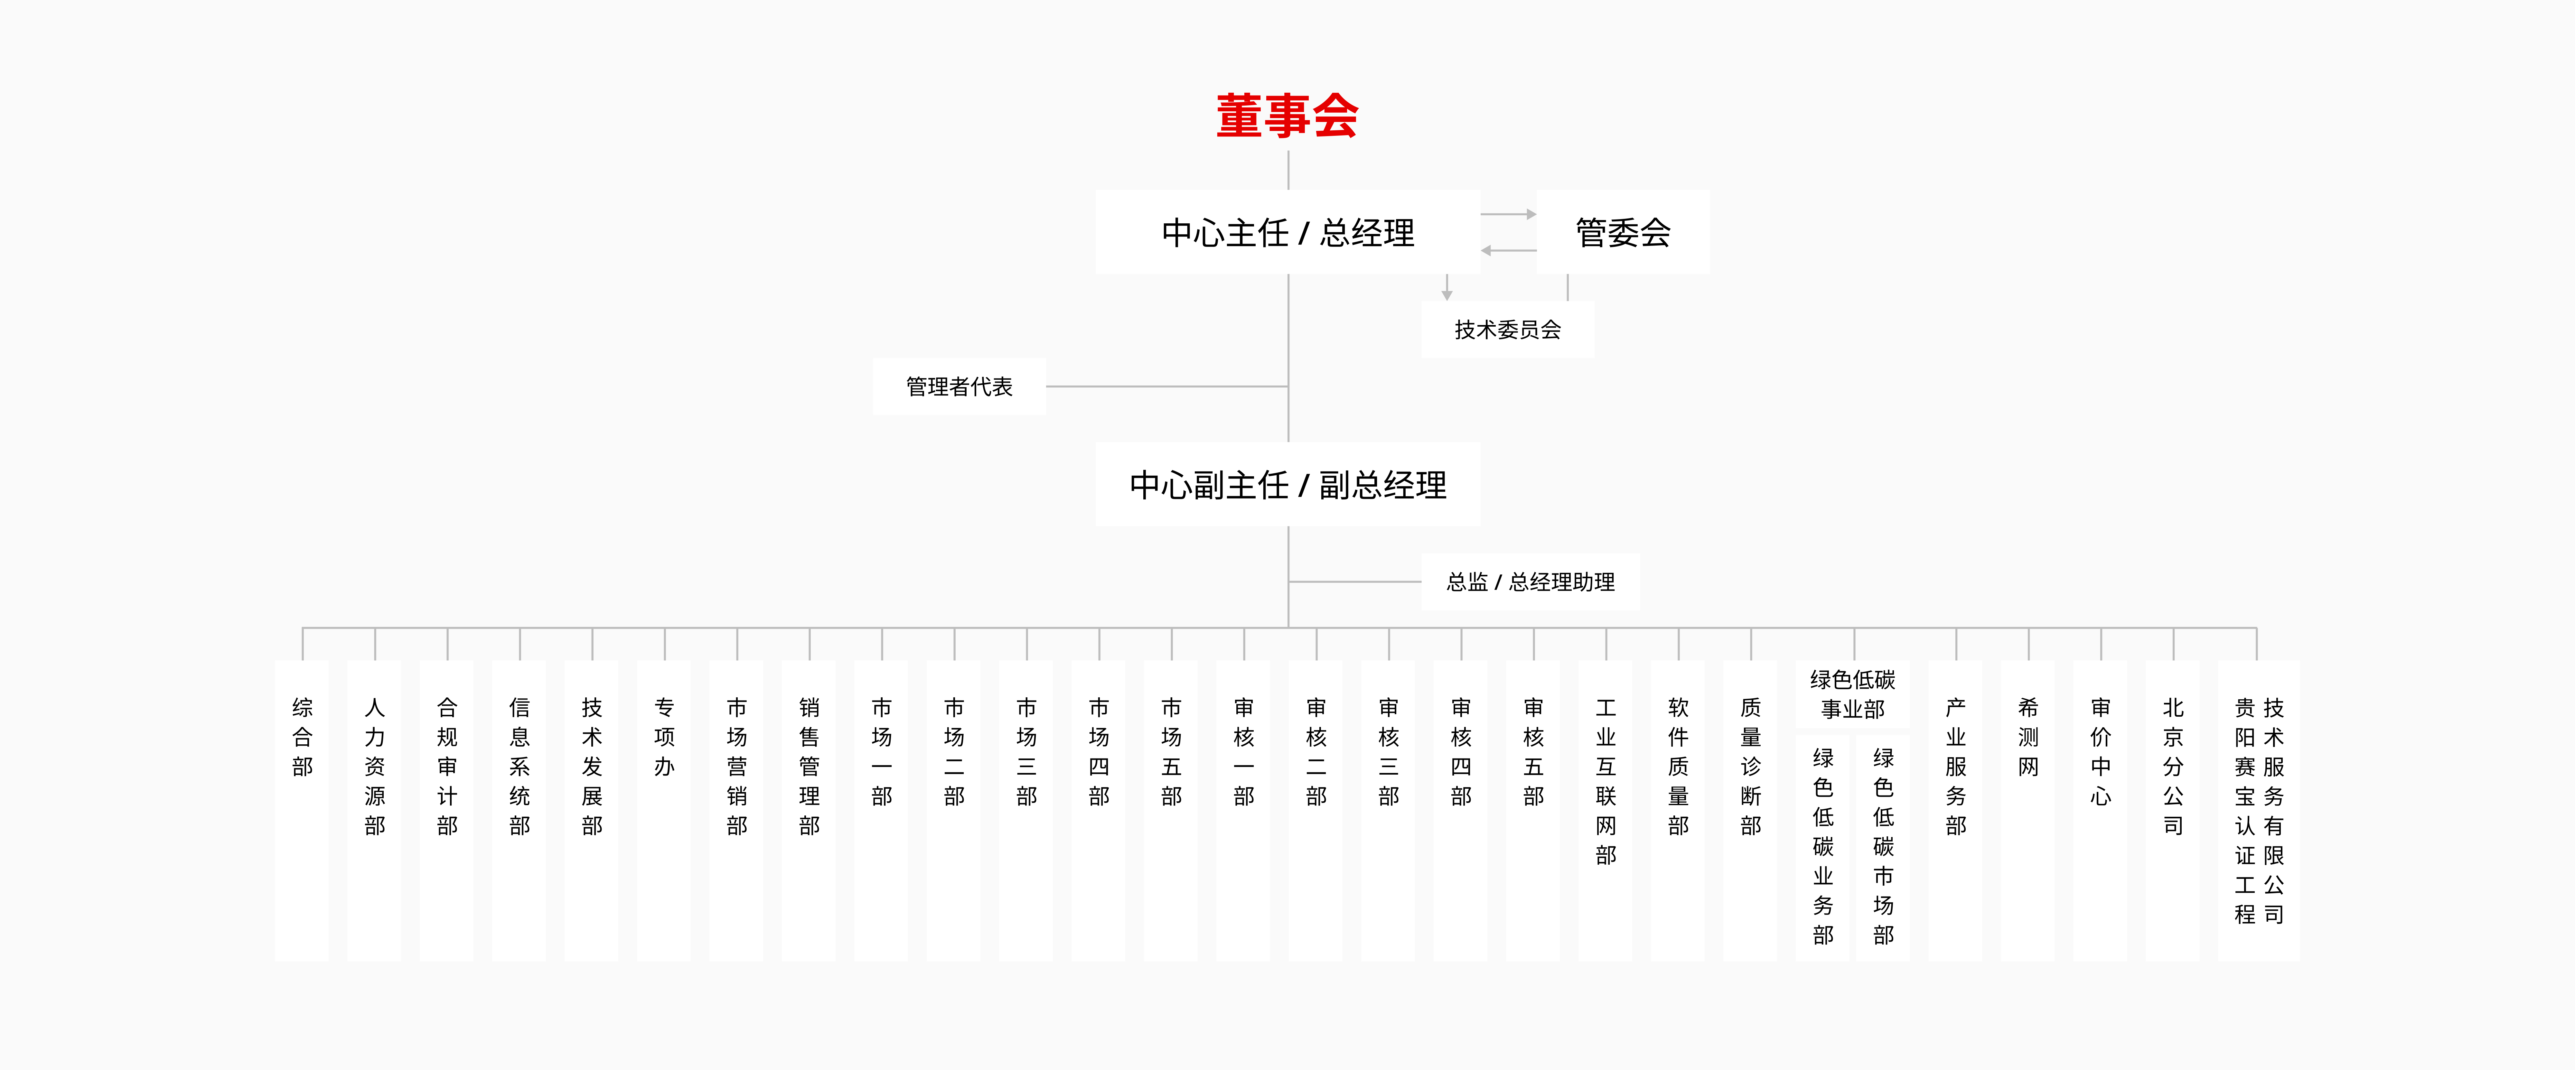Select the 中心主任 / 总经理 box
click(1287, 232)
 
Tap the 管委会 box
click(1622, 232)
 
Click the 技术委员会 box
click(1507, 330)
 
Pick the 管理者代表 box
click(959, 386)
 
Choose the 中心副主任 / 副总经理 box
click(1287, 485)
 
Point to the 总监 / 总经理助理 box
click(1531, 582)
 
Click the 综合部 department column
click(302, 810)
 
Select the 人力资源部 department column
click(375, 810)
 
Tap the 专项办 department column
click(664, 810)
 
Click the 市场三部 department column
click(1026, 810)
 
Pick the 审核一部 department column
click(1243, 810)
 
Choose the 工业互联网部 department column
click(1606, 810)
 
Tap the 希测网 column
click(2028, 810)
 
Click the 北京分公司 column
click(2173, 810)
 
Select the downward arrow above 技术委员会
click(1447, 288)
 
